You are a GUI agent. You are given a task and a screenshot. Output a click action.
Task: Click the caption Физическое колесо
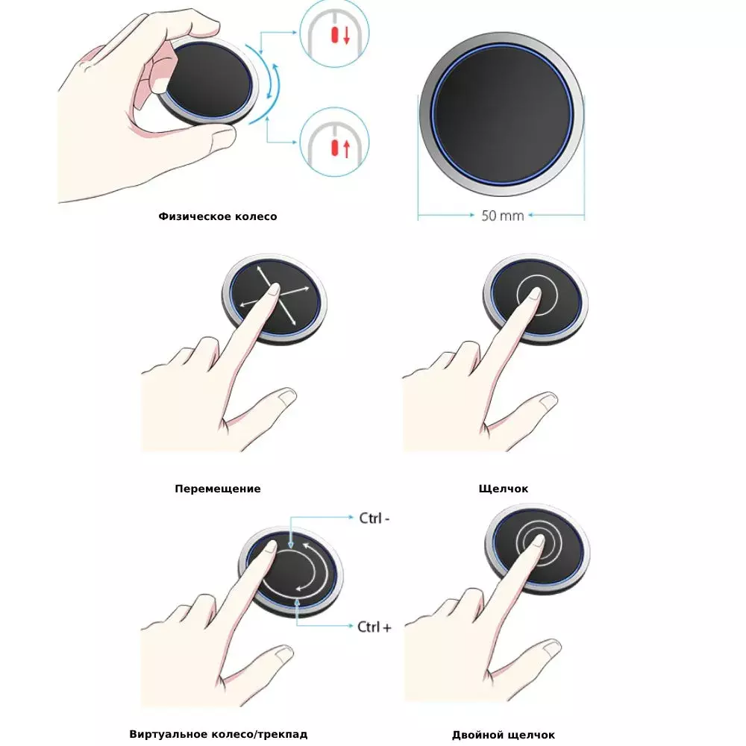pyautogui.click(x=217, y=216)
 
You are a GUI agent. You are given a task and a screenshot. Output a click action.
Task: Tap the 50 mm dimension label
pyautogui.click(x=502, y=216)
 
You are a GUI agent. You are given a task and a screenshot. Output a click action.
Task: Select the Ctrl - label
pyautogui.click(x=374, y=518)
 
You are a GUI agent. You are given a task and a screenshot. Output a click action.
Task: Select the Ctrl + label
pyautogui.click(x=374, y=627)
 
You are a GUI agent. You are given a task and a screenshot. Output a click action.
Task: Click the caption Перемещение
pyautogui.click(x=217, y=489)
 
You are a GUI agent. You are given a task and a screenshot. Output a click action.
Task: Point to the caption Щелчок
pyautogui.click(x=504, y=489)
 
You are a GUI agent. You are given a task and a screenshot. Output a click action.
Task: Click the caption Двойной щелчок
pyautogui.click(x=504, y=735)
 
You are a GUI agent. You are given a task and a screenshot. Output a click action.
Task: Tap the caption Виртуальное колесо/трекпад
pyautogui.click(x=219, y=734)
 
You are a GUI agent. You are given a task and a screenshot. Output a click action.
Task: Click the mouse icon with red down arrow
pyautogui.click(x=334, y=34)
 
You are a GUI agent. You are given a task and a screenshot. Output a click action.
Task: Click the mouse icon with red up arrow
pyautogui.click(x=334, y=142)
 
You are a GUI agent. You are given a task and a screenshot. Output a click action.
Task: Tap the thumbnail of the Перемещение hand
pyautogui.click(x=286, y=397)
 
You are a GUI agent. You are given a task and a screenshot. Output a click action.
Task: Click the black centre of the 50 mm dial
pyautogui.click(x=502, y=114)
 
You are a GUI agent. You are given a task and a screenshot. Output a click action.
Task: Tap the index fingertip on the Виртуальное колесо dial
pyautogui.click(x=270, y=547)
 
